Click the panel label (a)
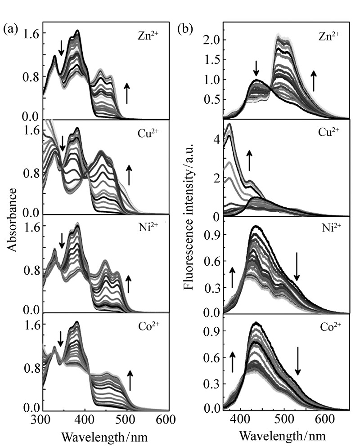pyautogui.click(x=10, y=30)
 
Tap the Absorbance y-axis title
pyautogui.click(x=12, y=220)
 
